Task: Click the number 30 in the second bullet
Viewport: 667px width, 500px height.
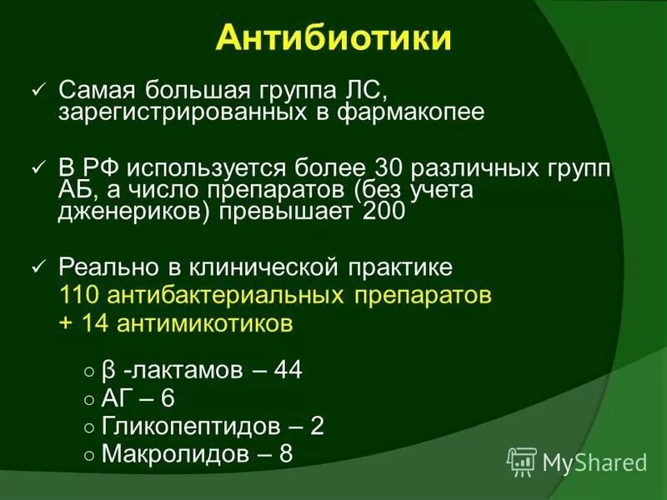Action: pyautogui.click(x=392, y=167)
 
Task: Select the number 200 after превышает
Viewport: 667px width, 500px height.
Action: pyautogui.click(x=384, y=212)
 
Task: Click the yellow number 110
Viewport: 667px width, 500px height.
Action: pyautogui.click(x=78, y=295)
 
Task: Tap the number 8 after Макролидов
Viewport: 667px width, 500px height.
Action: pyautogui.click(x=287, y=454)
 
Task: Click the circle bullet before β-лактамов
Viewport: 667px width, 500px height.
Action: pyautogui.click(x=89, y=372)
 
